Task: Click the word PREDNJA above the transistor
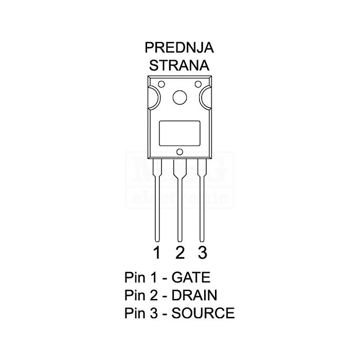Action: click(179, 48)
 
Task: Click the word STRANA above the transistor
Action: click(179, 65)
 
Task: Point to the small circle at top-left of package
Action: click(161, 85)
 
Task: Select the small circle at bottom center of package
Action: click(179, 151)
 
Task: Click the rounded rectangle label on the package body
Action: click(179, 133)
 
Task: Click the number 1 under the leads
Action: click(157, 253)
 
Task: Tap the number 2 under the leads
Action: click(179, 253)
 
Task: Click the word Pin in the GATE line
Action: click(135, 278)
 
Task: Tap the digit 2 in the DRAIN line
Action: click(152, 295)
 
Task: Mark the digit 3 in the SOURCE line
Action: click(152, 313)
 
